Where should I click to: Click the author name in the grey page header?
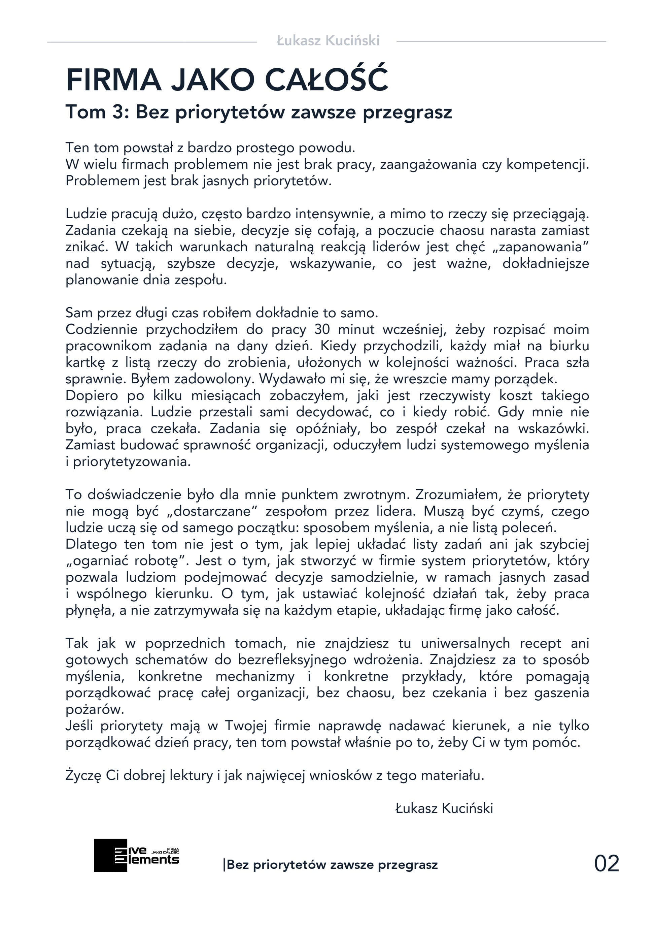328,41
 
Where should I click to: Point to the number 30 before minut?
322,329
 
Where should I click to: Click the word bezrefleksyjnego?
292,660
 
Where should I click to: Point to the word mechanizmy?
255,676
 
